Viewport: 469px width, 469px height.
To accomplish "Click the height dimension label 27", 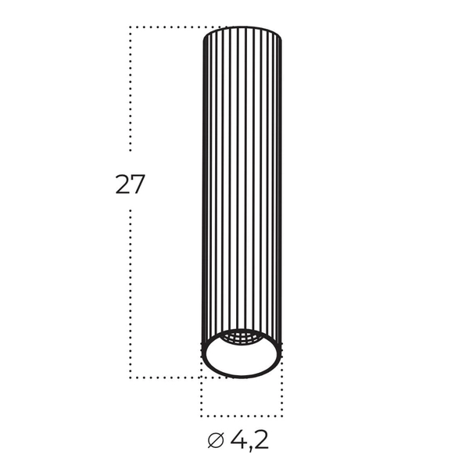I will point(131,184).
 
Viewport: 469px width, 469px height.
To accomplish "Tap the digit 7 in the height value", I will point(138,184).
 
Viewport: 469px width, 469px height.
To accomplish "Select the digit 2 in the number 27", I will point(123,184).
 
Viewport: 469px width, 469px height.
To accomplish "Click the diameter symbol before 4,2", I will point(216,441).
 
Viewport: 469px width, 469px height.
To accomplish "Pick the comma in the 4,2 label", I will point(250,447).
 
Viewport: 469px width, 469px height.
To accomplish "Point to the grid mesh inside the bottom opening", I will point(242,338).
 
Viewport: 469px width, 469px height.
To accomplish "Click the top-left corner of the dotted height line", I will point(131,27).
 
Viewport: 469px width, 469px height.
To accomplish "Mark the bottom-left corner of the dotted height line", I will point(131,378).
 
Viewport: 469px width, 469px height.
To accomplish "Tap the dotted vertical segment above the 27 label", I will point(131,94).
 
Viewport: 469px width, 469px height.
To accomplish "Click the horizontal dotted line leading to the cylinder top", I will point(168,27).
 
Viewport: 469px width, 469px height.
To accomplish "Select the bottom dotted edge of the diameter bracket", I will point(242,416).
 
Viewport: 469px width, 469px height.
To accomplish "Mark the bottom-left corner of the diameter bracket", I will point(202,416).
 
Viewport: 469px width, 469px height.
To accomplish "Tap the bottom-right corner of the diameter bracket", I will point(282,416).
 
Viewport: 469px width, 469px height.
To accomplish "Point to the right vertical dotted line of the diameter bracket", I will point(282,395).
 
